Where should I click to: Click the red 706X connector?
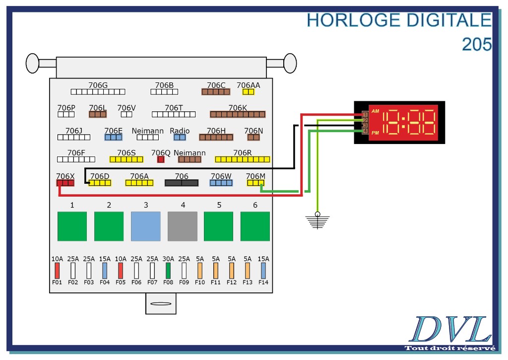[65, 183]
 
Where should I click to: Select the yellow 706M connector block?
[255, 183]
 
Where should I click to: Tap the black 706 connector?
[182, 183]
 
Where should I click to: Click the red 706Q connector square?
[161, 159]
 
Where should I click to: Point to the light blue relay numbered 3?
[146, 226]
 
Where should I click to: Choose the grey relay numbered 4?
[183, 226]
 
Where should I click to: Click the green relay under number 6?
[255, 226]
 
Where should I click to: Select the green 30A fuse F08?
[168, 270]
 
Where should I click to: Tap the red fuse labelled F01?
[57, 270]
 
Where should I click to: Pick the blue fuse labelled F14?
[263, 270]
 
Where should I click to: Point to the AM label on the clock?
[376, 111]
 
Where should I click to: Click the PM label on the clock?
[376, 133]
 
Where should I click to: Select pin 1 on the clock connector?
[365, 115]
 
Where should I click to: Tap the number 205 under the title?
[477, 45]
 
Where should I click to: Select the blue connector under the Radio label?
[180, 137]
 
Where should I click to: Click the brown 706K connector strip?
[238, 114]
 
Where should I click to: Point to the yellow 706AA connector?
[248, 92]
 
